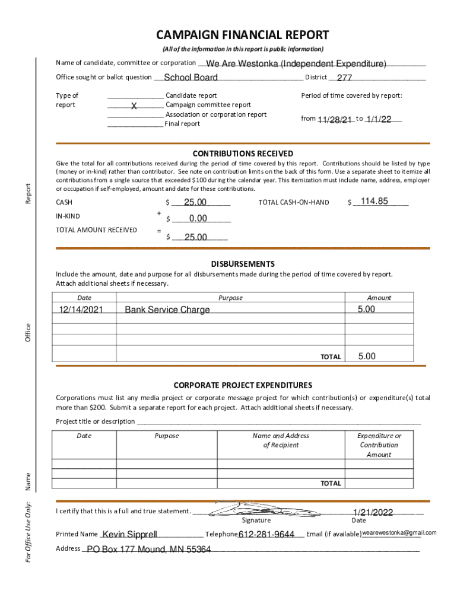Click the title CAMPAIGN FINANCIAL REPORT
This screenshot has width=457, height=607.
[242, 35]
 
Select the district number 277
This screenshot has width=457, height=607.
[344, 78]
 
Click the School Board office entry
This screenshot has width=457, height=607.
[191, 78]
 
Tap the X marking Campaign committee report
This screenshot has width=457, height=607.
[134, 106]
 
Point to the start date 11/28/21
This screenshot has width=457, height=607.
[335, 120]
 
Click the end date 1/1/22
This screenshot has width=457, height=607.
[379, 119]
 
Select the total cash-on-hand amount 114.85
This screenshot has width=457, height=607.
[374, 202]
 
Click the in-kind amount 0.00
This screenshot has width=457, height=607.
[198, 219]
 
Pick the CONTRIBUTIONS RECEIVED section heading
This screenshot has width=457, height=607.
[242, 154]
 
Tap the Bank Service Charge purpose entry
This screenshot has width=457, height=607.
[167, 310]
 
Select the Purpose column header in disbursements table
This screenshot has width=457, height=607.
[230, 298]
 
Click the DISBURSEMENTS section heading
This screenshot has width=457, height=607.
[243, 264]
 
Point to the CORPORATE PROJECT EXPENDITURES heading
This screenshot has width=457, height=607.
[243, 385]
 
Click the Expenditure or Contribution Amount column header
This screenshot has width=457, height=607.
[379, 445]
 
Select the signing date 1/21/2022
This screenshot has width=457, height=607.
[373, 512]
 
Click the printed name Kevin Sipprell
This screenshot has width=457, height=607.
[130, 535]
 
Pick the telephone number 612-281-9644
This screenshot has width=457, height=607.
[266, 535]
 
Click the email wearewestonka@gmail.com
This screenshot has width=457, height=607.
[399, 532]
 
